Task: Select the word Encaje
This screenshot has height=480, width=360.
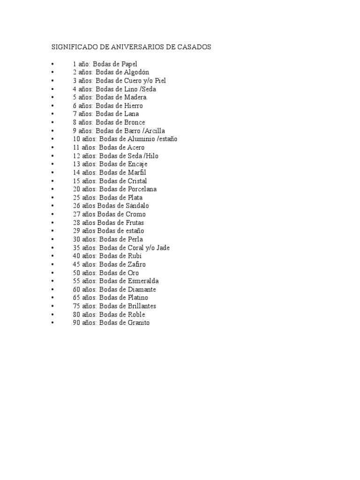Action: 137,164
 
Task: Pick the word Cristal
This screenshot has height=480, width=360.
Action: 137,181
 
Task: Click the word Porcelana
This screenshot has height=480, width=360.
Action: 142,189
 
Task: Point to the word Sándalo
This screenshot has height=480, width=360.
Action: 137,206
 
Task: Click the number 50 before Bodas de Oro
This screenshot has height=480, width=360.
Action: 76,273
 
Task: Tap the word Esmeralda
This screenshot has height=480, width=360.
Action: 143,281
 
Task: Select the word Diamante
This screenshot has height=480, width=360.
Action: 142,290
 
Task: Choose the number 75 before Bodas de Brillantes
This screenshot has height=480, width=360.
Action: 76,306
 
